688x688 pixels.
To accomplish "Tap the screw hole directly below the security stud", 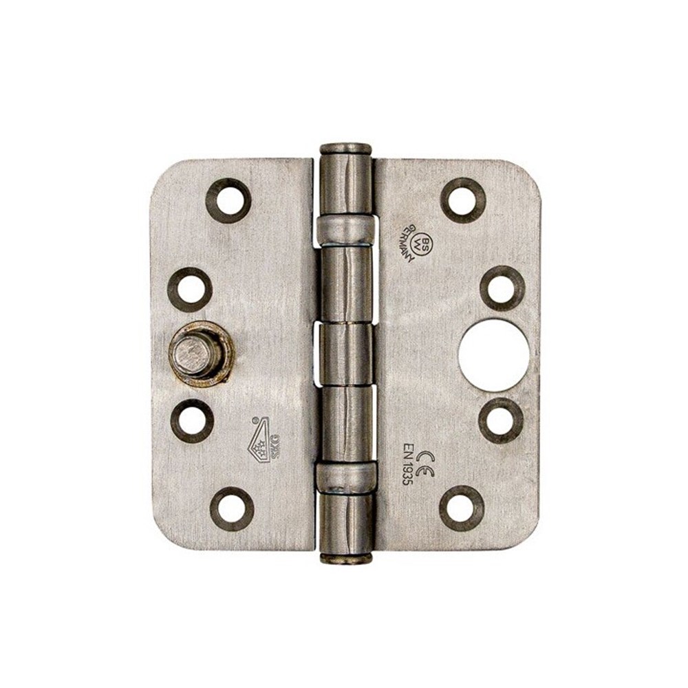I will coord(192,420).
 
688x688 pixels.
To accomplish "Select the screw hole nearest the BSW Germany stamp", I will coord(463,200).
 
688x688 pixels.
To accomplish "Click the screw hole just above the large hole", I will coord(502,288).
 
